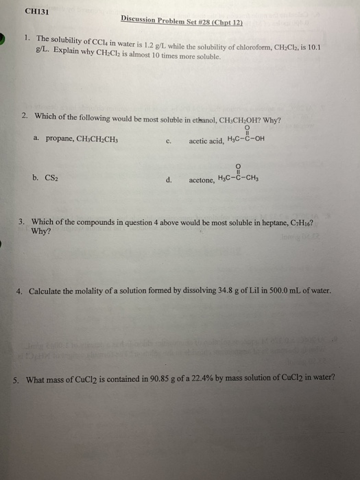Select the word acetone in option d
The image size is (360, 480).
click(x=201, y=180)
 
